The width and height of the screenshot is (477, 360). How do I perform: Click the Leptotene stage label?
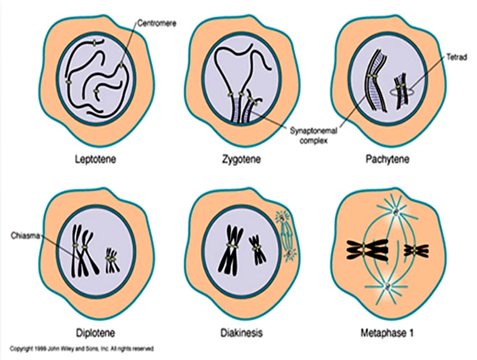(96, 159)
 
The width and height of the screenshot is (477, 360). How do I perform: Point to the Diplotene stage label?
(96, 332)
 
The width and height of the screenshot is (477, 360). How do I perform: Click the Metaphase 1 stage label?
(387, 332)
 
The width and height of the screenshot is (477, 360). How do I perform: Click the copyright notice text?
(83, 349)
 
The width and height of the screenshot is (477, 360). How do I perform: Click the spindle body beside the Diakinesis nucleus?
(287, 237)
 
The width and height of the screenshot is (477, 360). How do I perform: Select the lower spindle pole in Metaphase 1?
(387, 287)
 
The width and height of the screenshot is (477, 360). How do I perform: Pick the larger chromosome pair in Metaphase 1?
(367, 250)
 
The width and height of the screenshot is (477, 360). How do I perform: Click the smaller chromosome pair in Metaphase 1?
(416, 251)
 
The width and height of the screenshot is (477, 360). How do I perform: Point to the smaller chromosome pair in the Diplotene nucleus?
(112, 260)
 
